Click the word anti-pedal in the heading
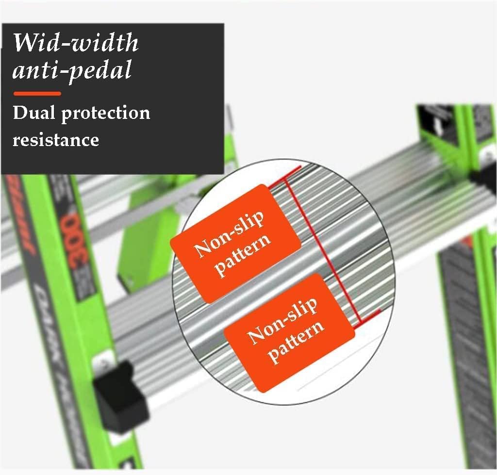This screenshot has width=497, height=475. coord(72,69)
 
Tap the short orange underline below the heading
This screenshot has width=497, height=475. coord(37,93)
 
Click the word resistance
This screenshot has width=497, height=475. coord(56,140)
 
